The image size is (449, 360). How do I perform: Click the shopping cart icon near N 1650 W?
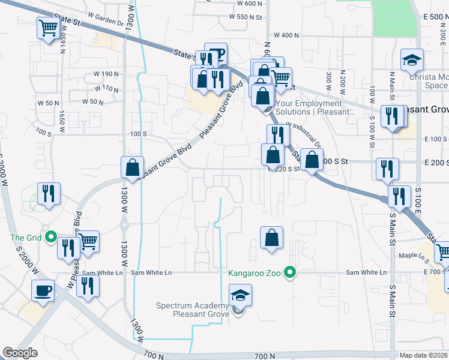click(x=47, y=27)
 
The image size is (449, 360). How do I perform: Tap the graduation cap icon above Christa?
click(x=412, y=59)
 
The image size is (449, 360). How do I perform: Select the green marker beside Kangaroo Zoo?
click(x=291, y=273)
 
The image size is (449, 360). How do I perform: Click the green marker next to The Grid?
click(x=52, y=238)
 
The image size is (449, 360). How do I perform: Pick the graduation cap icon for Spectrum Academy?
click(x=240, y=296)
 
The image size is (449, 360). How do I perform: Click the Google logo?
click(x=20, y=353)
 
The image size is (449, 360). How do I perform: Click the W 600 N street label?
click(x=250, y=4)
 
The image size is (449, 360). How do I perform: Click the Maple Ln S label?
click(x=414, y=256)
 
